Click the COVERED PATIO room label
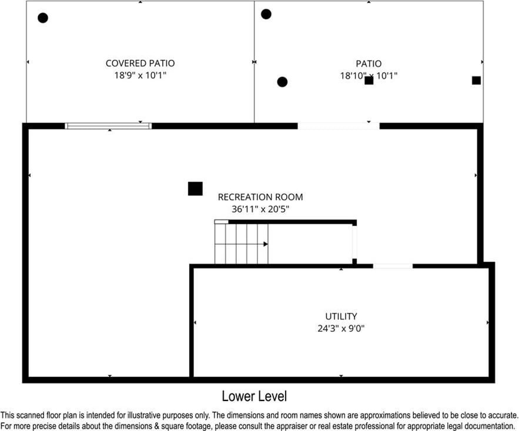[140, 63]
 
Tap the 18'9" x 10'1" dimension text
[140, 76]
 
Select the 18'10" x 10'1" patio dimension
[369, 76]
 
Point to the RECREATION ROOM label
[260, 197]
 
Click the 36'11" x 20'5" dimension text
[260, 209]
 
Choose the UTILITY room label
[341, 316]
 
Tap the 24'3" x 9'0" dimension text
[341, 329]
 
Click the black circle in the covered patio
[43, 18]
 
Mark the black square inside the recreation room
[195, 188]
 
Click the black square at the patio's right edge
[476, 80]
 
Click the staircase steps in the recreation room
[241, 244]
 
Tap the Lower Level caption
[254, 396]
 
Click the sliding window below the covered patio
[108, 126]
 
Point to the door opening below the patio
[339, 126]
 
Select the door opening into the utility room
[393, 266]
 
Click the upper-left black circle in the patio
[266, 14]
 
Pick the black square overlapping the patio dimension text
[369, 80]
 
